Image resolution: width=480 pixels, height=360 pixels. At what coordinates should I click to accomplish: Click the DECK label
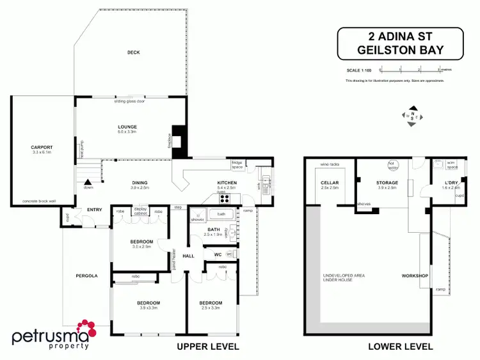tap(133, 52)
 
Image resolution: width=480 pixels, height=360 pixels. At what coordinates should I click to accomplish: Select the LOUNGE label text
tap(127, 127)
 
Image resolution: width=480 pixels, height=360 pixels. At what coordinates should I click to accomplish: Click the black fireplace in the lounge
tap(182, 138)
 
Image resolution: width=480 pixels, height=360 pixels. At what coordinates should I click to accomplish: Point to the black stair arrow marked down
tap(88, 182)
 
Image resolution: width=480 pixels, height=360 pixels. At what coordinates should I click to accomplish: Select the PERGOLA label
tap(86, 276)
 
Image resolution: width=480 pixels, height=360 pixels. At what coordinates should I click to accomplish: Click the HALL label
tap(188, 256)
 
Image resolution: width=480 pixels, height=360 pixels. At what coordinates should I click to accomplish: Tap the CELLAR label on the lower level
tap(329, 183)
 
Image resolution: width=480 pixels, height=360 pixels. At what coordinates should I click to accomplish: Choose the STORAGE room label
tap(387, 183)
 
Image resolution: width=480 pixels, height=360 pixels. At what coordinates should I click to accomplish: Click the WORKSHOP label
tap(414, 276)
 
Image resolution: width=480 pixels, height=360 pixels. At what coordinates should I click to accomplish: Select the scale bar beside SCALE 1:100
tap(410, 68)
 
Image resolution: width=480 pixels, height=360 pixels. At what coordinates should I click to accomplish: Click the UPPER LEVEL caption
tap(207, 346)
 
